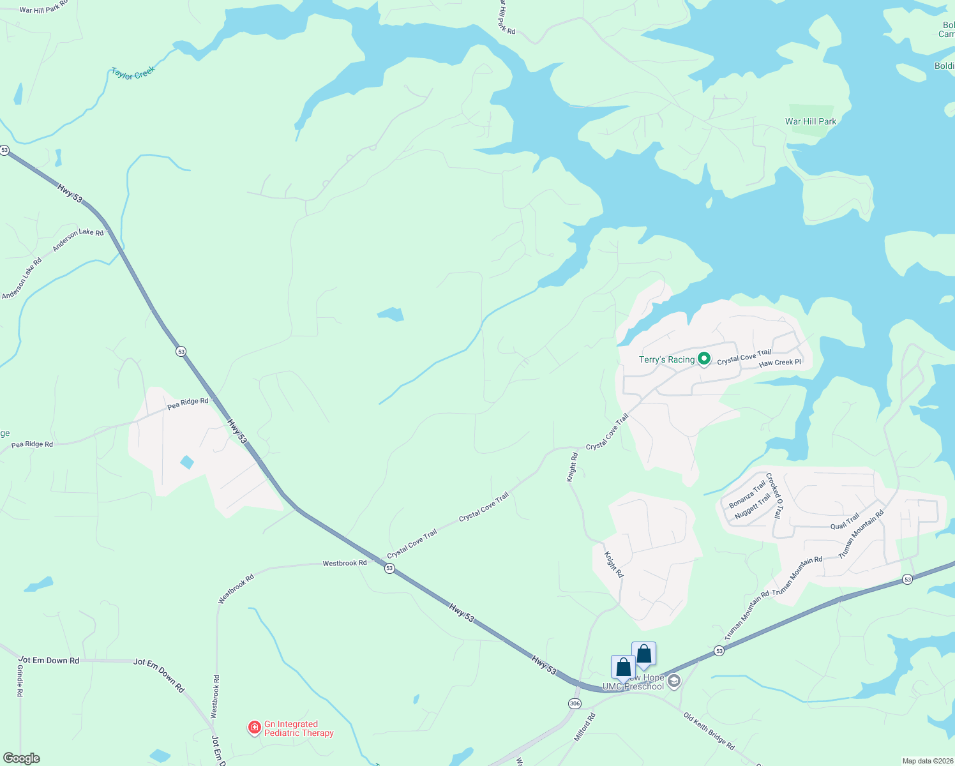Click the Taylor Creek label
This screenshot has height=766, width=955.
click(133, 73)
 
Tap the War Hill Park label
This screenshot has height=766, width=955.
click(810, 121)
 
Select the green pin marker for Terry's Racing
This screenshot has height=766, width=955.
click(704, 360)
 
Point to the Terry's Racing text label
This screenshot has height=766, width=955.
click(666, 360)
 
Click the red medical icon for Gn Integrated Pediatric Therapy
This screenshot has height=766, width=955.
click(254, 728)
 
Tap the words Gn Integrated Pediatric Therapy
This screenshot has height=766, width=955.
click(299, 728)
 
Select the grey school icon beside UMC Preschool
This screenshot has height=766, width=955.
click(673, 682)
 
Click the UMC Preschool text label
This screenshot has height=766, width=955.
click(633, 686)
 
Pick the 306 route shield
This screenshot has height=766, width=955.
click(575, 703)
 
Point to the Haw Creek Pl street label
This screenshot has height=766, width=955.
click(780, 363)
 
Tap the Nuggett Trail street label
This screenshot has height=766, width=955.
click(753, 506)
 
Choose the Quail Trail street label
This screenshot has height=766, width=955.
click(845, 522)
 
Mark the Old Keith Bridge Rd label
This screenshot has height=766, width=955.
click(709, 732)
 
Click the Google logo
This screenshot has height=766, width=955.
click(21, 758)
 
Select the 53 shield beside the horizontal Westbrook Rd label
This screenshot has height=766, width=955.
click(389, 568)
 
